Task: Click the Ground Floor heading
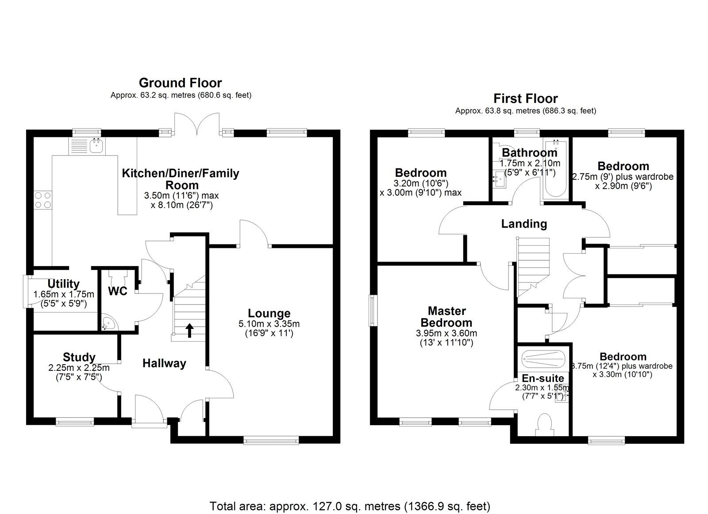[180, 83]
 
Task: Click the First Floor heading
[526, 98]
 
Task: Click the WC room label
[118, 291]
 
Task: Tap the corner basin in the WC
[108, 324]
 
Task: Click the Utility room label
[63, 284]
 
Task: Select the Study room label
[79, 357]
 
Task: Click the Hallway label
[164, 363]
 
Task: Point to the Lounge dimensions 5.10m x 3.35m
[269, 324]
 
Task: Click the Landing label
[524, 224]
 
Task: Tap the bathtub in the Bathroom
[554, 170]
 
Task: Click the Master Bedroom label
[446, 316]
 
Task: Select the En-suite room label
[543, 378]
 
